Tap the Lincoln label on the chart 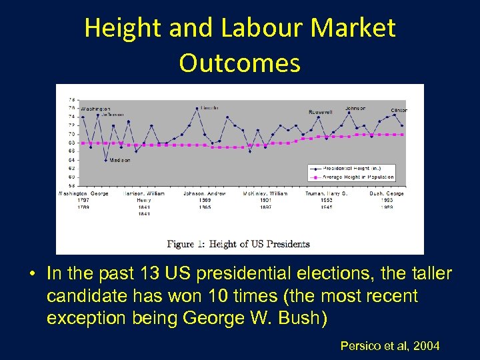(x=210, y=107)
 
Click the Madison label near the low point (x=120, y=160)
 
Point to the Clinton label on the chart (x=399, y=110)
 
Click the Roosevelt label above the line (x=320, y=112)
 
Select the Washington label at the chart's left (x=96, y=109)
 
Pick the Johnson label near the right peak (x=355, y=108)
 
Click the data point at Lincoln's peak (x=197, y=108)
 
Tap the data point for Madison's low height (x=106, y=160)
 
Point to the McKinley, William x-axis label (x=265, y=193)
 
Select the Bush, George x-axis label (x=387, y=193)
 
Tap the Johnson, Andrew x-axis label (x=205, y=193)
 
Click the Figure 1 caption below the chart (x=238, y=244)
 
